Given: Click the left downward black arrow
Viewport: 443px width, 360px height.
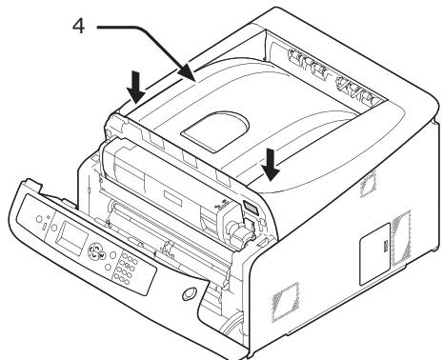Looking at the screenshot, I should [136, 89].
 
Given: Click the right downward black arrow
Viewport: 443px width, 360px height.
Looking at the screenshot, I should [273, 167].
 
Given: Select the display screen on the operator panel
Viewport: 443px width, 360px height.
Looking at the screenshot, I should [70, 237].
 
